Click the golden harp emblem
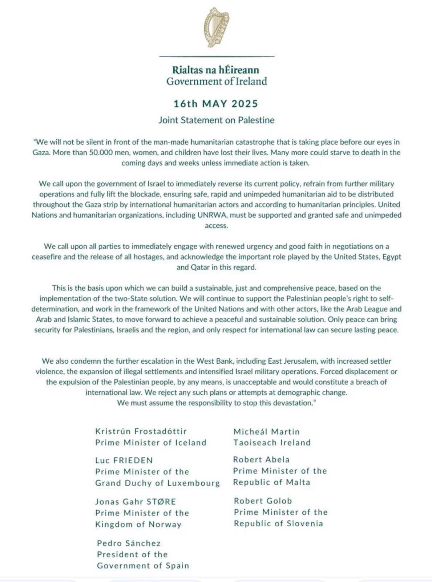[x=217, y=27]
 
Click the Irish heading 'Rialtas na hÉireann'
[x=215, y=69]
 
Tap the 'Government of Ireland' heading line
[x=217, y=81]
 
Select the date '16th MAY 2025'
[x=216, y=104]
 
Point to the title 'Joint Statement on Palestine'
[x=217, y=120]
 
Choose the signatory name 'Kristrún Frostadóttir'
[x=141, y=431]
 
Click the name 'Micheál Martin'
[x=267, y=432]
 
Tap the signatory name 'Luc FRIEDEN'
[x=124, y=460]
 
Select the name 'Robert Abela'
[x=261, y=459]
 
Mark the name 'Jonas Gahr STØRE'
[x=136, y=502]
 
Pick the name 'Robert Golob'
[x=263, y=501]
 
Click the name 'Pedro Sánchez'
[x=129, y=543]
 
